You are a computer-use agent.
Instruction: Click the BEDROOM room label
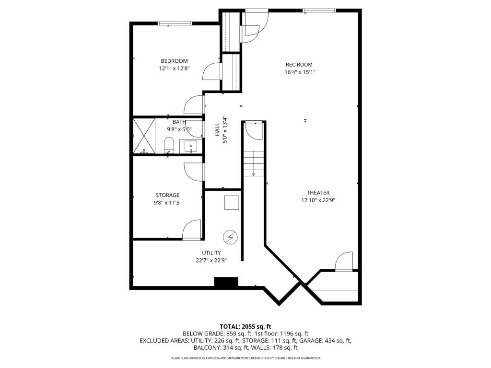pyautogui.click(x=174, y=61)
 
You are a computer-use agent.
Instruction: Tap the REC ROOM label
pyautogui.click(x=299, y=65)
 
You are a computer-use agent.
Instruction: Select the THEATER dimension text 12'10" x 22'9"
pyautogui.click(x=317, y=200)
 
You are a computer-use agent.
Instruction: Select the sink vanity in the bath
pyautogui.click(x=191, y=146)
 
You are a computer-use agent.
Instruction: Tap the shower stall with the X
pyautogui.click(x=144, y=135)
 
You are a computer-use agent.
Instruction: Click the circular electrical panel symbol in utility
pyautogui.click(x=231, y=237)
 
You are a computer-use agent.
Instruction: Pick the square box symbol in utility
pyautogui.click(x=232, y=203)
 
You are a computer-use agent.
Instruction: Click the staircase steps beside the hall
pyautogui.click(x=253, y=163)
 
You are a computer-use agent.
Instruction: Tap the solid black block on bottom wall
pyautogui.click(x=226, y=282)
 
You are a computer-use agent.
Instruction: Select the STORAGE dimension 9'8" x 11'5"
pyautogui.click(x=167, y=203)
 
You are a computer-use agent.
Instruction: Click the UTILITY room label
pyautogui.click(x=211, y=253)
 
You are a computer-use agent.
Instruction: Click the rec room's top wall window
pyautogui.click(x=312, y=11)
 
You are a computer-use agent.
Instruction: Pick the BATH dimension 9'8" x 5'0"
pyautogui.click(x=179, y=129)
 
